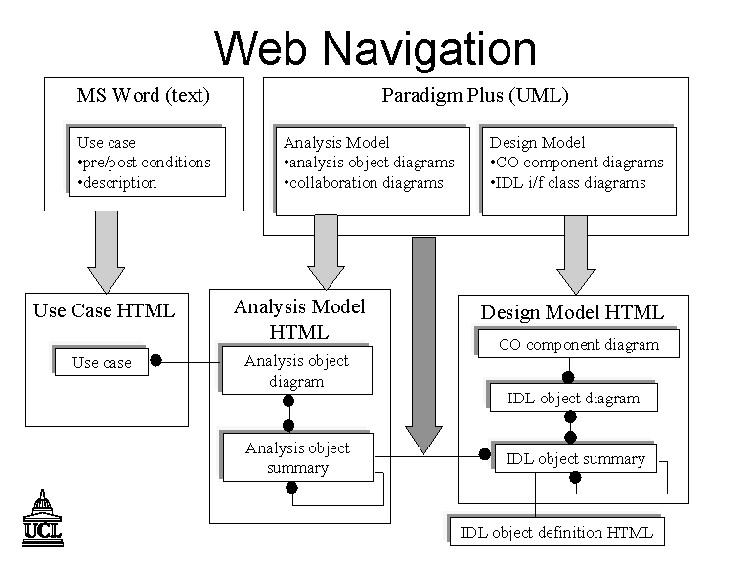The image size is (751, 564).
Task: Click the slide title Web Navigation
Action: [x=375, y=48]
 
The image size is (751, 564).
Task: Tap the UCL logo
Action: [x=43, y=518]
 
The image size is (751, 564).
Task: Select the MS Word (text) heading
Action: [x=143, y=95]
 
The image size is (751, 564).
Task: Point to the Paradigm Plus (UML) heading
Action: [x=475, y=95]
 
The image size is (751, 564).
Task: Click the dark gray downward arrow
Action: [x=423, y=346]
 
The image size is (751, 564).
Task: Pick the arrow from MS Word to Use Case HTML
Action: [x=107, y=253]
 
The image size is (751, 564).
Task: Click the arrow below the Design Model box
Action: [x=576, y=256]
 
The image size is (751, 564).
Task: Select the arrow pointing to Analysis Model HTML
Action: [x=326, y=253]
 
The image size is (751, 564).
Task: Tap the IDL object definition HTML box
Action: [x=557, y=532]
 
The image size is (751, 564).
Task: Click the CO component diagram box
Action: [x=579, y=344]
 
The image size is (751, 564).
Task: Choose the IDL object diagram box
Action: [x=573, y=398]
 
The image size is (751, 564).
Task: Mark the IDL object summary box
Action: [x=576, y=458]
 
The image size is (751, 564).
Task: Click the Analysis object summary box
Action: [x=298, y=457]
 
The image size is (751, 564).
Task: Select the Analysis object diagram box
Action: [x=297, y=370]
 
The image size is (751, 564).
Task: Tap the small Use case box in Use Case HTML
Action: [x=102, y=362]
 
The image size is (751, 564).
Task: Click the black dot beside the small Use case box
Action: [x=155, y=360]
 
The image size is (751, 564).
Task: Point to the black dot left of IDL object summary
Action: [x=485, y=453]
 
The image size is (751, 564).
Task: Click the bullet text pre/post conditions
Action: [x=144, y=163]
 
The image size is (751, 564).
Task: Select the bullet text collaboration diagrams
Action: [x=364, y=183]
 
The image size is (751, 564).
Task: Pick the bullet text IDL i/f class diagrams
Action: [x=567, y=183]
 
